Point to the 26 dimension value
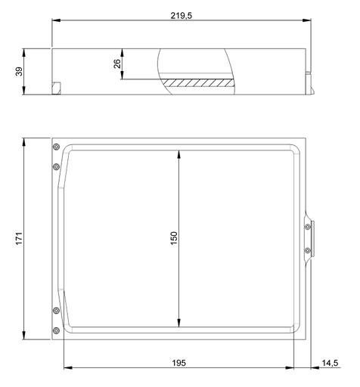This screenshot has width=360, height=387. coord(118,64)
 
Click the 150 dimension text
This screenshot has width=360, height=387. coord(173,237)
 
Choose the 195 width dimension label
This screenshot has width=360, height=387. coord(178,363)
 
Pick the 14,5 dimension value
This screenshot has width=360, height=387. coord(330,363)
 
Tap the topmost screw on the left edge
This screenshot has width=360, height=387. coord(56,146)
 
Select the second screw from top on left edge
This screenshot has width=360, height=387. coord(56,166)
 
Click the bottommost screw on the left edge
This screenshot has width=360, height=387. coord(56,330)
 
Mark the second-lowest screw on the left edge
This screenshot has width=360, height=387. coord(56,311)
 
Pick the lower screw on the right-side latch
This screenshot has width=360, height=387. coord(307,249)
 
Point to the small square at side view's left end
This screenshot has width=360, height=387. coord(55,88)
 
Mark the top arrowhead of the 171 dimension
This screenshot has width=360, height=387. coord(25,142)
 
